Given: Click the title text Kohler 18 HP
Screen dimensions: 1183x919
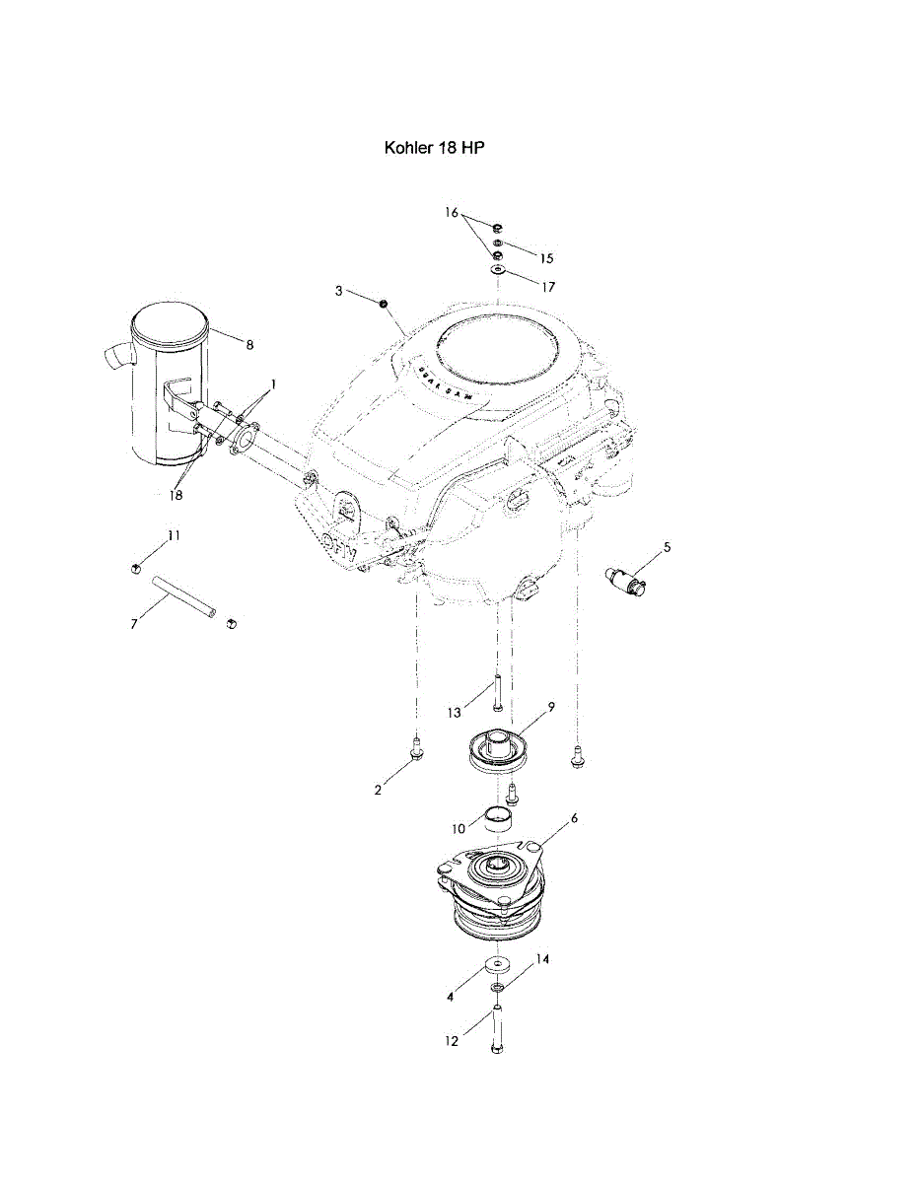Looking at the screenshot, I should point(434,148).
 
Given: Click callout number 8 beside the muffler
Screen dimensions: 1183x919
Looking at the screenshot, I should point(249,345).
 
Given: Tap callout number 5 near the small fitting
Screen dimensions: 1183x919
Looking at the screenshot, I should point(667,546).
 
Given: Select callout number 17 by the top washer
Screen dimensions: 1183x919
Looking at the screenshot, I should point(547,287).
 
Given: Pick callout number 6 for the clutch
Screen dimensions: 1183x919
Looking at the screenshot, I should point(574,818).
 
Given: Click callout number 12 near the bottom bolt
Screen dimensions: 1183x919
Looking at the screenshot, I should point(453,1041).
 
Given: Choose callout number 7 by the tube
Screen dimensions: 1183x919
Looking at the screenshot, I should point(134,625).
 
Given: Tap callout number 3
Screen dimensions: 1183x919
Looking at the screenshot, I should point(338,291).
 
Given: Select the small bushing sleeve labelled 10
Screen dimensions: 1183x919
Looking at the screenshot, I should point(498,817).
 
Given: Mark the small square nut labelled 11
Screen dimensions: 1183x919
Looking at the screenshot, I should point(135,566).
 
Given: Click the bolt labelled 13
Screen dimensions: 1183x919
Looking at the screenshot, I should point(497,691).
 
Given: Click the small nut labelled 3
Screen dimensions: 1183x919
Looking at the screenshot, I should point(382,302).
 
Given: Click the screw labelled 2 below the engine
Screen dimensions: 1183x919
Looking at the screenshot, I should point(416,749).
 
